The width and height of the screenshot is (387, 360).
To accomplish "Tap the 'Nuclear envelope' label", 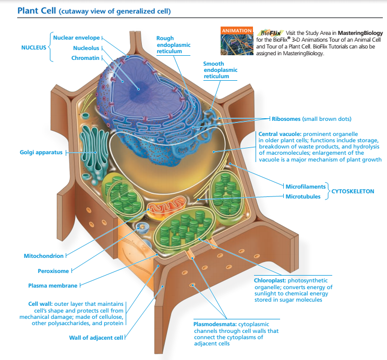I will click(x=76, y=38).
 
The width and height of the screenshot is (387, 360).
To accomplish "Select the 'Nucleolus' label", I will click(x=86, y=48).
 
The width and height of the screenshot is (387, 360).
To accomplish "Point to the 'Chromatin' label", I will click(x=85, y=58).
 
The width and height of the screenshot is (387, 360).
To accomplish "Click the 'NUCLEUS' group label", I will click(x=34, y=48).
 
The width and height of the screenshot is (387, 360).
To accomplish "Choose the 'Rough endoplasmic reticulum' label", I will click(x=173, y=45).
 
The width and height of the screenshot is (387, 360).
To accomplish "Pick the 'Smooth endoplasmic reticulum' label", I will click(x=220, y=70).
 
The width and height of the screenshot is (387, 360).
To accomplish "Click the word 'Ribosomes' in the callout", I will click(x=286, y=119).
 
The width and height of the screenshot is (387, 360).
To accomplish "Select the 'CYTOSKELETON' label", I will click(x=352, y=191).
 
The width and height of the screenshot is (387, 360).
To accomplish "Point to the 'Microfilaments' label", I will click(x=306, y=186).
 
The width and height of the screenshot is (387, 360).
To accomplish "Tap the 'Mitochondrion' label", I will click(x=43, y=256).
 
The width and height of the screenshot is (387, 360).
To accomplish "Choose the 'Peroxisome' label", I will click(x=53, y=270).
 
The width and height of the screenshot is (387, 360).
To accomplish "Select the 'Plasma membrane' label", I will click(x=53, y=285).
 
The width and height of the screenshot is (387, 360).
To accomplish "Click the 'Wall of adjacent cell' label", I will click(x=96, y=338).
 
